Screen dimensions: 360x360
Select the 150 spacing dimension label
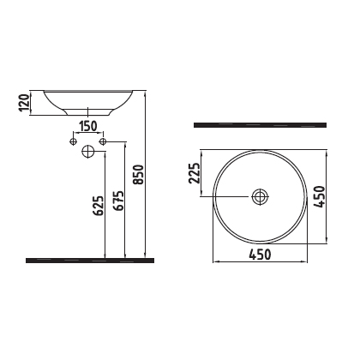[x=87, y=127]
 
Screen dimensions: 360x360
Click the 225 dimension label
[x=195, y=177]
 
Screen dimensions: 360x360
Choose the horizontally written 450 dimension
[x=261, y=255]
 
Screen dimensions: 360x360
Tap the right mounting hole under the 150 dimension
[x=103, y=140]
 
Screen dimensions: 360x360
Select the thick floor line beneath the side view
[x=90, y=259]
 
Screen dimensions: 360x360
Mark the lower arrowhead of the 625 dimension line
[x=105, y=255]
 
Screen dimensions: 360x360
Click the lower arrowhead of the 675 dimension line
[x=126, y=255]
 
